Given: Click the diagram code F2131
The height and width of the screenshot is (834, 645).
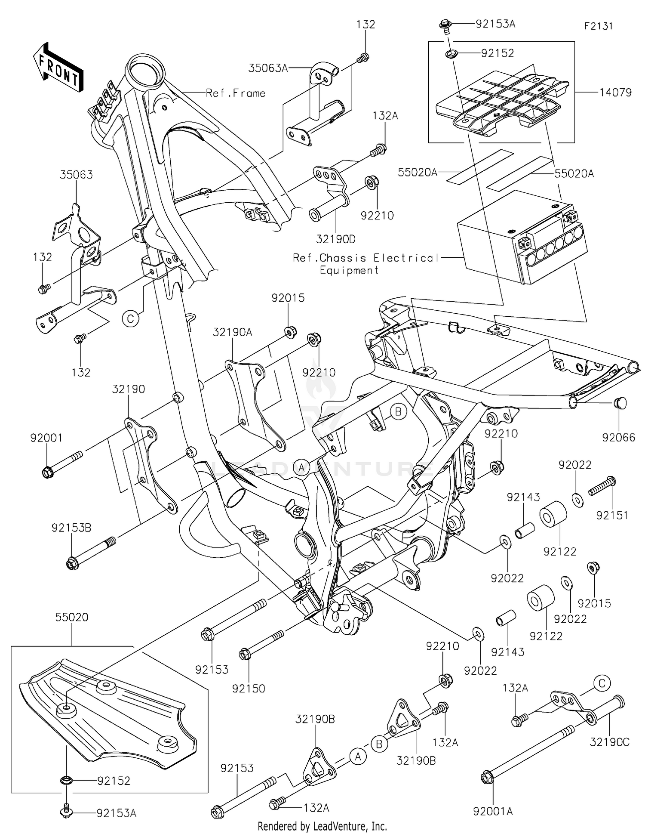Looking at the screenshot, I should point(598,26).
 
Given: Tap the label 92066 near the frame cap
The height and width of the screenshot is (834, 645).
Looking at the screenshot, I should point(618,438).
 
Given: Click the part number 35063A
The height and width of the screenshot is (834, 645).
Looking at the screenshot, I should point(268,68).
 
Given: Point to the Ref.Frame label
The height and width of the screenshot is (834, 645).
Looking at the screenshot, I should point(235,93).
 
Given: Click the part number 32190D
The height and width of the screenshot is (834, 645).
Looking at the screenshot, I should point(335,239).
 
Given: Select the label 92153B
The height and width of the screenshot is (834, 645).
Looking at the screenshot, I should point(71,528).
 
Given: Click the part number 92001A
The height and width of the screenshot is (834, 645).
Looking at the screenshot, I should point(493,811).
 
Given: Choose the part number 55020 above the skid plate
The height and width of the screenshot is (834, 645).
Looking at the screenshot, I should point(71,617).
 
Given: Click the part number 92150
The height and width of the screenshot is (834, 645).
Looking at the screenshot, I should point(249,689).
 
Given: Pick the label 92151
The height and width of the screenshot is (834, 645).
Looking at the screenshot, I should point(612,515).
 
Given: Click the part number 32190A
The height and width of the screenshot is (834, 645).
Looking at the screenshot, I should point(233,332).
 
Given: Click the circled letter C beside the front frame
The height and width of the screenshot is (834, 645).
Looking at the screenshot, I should point(131,319).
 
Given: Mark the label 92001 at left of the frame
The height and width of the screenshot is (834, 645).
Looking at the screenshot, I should point(46,438).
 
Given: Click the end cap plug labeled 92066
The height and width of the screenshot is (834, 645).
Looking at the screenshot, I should point(620,403).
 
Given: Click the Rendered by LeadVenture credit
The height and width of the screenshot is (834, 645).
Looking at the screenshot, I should point(322,826).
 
